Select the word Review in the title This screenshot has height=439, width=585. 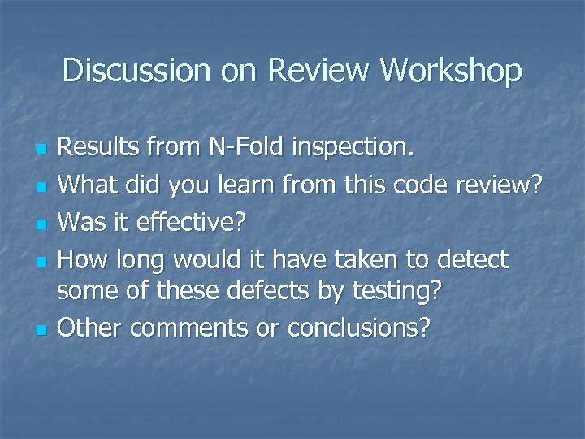point(318,71)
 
